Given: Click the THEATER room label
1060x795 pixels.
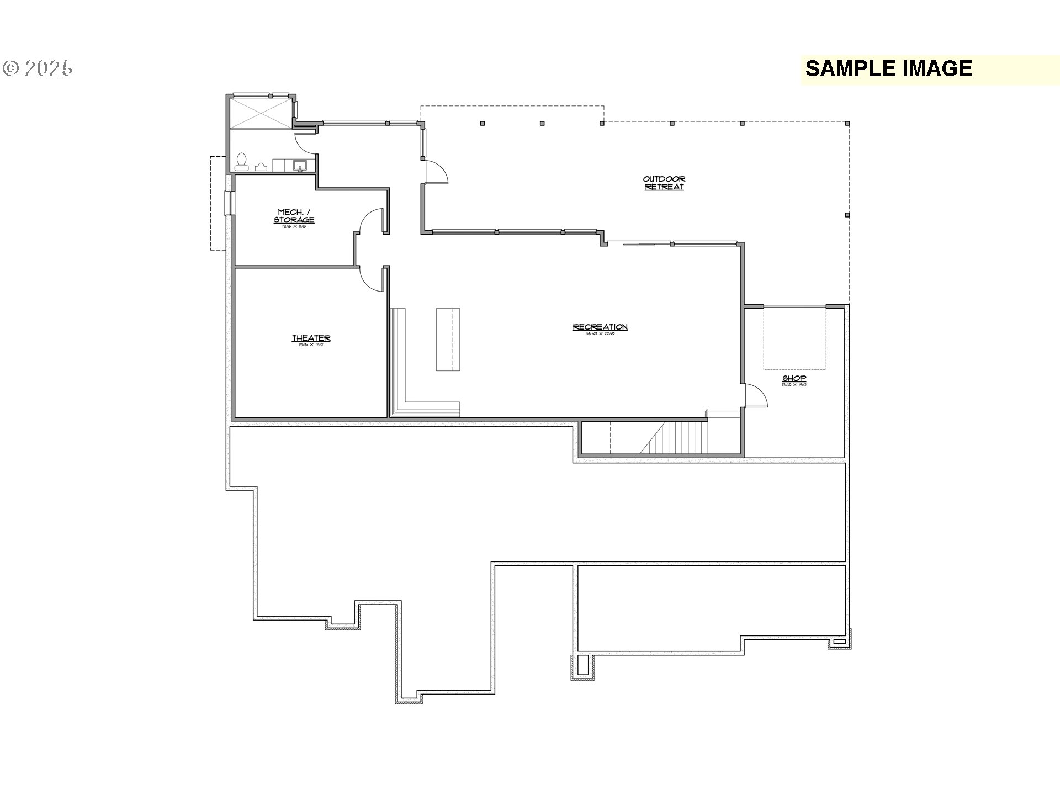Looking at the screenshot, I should [311, 338].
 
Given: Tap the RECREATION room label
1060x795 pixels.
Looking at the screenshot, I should [600, 327].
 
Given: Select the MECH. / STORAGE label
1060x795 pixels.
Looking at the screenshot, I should [294, 216].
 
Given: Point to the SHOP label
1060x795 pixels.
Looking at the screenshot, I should [794, 379].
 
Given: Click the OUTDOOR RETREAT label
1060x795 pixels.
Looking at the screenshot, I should [664, 183].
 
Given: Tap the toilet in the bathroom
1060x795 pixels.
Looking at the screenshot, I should [241, 161].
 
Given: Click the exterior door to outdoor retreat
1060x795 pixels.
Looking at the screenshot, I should [435, 172].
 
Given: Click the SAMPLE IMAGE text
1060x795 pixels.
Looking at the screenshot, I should [888, 69].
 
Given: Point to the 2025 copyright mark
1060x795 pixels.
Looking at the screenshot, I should [38, 68].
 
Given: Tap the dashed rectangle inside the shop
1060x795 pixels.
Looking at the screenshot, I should [795, 338].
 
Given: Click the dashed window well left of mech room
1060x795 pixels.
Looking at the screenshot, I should [218, 203].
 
